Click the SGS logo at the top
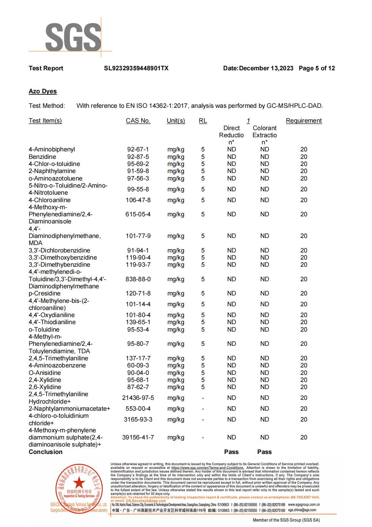pyautogui.click(x=73, y=37)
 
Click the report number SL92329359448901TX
pyautogui.click(x=136, y=68)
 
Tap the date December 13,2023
pyautogui.click(x=266, y=68)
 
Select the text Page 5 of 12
pyautogui.click(x=317, y=68)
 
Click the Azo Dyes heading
pyautogui.click(x=43, y=91)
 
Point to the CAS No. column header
pyautogui.click(x=138, y=121)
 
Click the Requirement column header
pyautogui.click(x=303, y=121)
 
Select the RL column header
pyautogui.click(x=203, y=121)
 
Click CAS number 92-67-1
pyautogui.click(x=138, y=149)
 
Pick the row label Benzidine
pyautogui.click(x=42, y=157)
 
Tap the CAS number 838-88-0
pyautogui.click(x=138, y=279)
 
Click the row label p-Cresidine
pyautogui.click(x=45, y=293)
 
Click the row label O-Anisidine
pyautogui.click(x=45, y=373)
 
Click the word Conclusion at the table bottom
pyautogui.click(x=46, y=452)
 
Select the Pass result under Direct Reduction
pyautogui.click(x=231, y=452)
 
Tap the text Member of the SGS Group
pyautogui.click(x=286, y=520)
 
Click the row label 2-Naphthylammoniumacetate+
pyautogui.click(x=69, y=409)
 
